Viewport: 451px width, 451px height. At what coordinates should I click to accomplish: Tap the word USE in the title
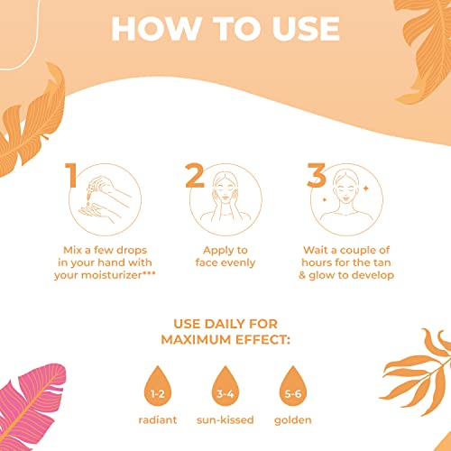coord(306,29)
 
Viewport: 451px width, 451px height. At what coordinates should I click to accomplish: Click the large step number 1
coord(71,175)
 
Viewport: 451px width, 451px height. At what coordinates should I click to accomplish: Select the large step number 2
coord(195,175)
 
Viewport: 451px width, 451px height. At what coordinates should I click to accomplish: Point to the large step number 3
coord(317,175)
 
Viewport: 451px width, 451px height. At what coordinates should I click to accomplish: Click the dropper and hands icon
coord(105,199)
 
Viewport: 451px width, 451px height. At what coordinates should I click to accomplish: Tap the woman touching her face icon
coord(225,199)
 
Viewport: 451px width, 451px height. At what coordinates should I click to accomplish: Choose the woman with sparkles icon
coord(346,199)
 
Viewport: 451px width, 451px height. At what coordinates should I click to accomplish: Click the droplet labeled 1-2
coord(158,386)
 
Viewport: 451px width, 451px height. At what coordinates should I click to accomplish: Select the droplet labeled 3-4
coord(225,386)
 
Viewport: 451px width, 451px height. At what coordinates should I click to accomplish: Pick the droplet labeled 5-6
coord(293,386)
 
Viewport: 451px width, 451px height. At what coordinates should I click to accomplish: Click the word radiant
coord(158,419)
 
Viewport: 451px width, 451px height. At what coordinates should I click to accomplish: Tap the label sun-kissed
coord(225,419)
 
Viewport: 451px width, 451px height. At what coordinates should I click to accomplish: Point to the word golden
coord(293,420)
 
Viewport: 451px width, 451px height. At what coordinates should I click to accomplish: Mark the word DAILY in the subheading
coord(225,324)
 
